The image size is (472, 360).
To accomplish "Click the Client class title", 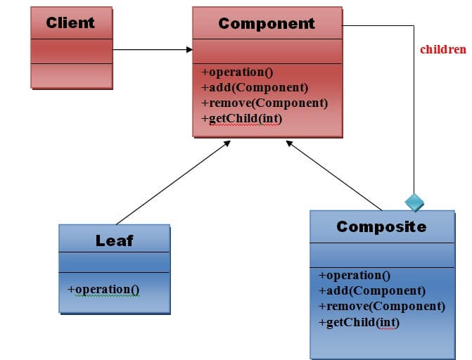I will click(70, 22).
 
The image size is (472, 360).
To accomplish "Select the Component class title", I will click(267, 23).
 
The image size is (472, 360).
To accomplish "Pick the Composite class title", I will click(381, 226).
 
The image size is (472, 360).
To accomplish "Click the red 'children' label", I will click(443, 49).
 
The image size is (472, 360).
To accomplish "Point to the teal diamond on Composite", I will click(414, 202).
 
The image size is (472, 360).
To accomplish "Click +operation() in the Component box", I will click(237, 72).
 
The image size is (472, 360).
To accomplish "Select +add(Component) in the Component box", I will click(255, 88).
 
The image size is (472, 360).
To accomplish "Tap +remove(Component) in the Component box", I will click(264, 103).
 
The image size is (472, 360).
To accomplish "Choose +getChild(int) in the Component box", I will click(241, 119).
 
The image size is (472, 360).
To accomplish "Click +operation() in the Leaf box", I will click(103, 289).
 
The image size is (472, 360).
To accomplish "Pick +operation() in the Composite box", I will click(355, 276).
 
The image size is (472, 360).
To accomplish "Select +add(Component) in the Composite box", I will click(372, 290).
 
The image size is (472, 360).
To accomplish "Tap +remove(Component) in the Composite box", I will click(382, 306).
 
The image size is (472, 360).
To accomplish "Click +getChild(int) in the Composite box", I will click(359, 322).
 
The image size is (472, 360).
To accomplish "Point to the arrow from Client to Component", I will click(152, 50).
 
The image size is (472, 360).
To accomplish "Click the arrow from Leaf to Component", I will click(172, 182).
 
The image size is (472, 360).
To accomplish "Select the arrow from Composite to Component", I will click(333, 175).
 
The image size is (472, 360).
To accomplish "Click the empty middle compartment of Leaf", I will click(114, 262).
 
